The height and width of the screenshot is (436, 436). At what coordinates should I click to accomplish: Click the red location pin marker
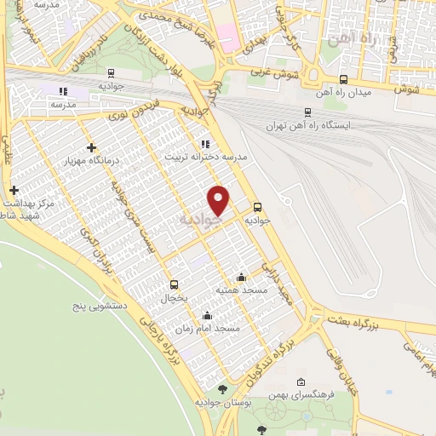tap(220, 200)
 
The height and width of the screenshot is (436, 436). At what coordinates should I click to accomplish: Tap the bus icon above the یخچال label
tap(175, 284)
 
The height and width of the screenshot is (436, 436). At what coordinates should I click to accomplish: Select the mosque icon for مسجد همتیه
tap(241, 277)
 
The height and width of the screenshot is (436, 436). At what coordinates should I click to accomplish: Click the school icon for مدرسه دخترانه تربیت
tap(204, 144)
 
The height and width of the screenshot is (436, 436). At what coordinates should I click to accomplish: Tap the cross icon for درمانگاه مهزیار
tap(92, 147)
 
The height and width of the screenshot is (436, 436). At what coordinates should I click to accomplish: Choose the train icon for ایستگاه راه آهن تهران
tap(307, 112)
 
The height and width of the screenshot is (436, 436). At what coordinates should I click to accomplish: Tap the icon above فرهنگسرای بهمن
tap(301, 382)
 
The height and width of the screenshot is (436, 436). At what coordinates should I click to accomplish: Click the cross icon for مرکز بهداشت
tap(13, 190)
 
